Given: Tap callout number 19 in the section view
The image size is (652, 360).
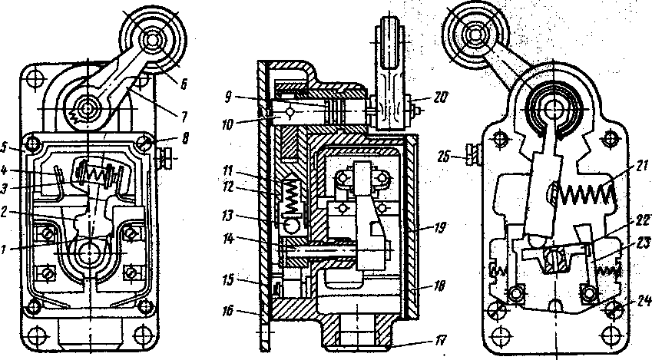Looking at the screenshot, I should [440, 228].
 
